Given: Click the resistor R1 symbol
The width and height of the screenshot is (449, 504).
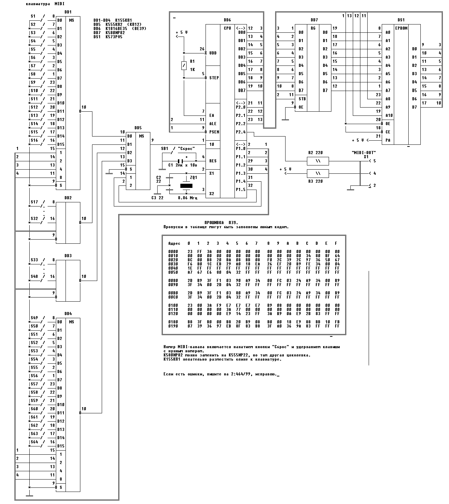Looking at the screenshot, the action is click(184, 66).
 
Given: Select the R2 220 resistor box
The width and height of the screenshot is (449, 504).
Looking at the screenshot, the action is click(318, 161).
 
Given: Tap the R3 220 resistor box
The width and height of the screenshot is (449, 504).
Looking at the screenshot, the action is click(318, 173).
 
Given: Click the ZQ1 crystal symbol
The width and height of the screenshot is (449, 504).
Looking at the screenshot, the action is click(186, 186).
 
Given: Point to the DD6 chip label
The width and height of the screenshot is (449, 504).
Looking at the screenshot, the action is click(227, 20).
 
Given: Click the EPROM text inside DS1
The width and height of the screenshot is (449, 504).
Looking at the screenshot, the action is click(401, 28).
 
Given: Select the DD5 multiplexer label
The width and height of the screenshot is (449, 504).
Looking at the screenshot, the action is click(138, 128).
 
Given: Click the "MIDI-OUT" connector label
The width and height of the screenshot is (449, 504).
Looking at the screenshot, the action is click(363, 152).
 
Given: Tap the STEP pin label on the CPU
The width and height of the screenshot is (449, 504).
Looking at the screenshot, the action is click(214, 78).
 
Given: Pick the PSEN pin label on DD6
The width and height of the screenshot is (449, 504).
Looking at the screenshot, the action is click(214, 132).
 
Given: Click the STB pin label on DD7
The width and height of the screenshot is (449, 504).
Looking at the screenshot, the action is click(302, 99).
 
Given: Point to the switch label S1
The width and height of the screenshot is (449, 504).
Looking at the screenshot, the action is click(33, 16).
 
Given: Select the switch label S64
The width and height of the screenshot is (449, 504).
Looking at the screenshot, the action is click(34, 442).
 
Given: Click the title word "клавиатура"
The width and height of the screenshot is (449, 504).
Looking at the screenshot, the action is click(38, 4).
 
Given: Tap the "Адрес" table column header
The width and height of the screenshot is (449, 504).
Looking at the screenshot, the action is click(174, 243).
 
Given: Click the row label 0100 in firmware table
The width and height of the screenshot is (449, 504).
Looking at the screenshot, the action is click(173, 305).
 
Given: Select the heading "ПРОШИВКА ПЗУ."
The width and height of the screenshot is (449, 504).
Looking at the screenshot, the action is click(221, 223).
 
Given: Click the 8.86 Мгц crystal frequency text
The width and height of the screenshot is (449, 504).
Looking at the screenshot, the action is click(187, 198).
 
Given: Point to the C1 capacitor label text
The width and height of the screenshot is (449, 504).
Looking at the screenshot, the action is click(170, 165).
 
